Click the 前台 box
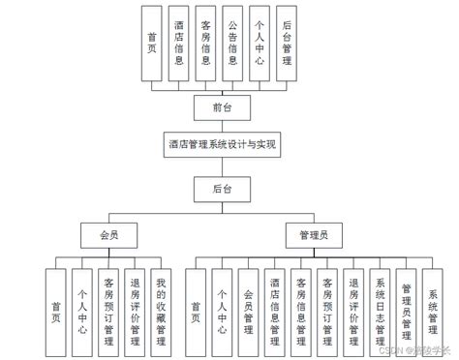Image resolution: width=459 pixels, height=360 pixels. click(x=222, y=106)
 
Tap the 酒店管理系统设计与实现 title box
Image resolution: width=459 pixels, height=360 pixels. click(x=222, y=145)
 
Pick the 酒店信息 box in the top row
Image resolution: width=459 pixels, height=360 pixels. click(x=177, y=43)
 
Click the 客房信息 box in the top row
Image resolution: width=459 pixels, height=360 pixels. click(x=204, y=43)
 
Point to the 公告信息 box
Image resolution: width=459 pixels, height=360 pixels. click(x=232, y=43)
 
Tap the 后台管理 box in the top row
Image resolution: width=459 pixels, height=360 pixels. click(x=286, y=43)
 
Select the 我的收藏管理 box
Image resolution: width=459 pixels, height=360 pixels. click(x=162, y=305)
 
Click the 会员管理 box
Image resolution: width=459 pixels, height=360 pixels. click(x=250, y=305)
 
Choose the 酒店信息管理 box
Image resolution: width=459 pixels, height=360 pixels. click(x=276, y=305)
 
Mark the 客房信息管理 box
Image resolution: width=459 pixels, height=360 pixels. click(x=302, y=305)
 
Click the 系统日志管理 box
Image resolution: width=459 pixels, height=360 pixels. click(x=381, y=305)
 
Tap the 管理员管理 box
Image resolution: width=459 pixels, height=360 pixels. click(x=407, y=305)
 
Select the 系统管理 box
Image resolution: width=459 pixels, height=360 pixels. click(x=433, y=305)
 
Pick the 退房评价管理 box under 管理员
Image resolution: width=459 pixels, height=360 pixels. click(x=354, y=305)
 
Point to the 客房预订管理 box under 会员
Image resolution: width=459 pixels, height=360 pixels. click(x=109, y=305)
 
